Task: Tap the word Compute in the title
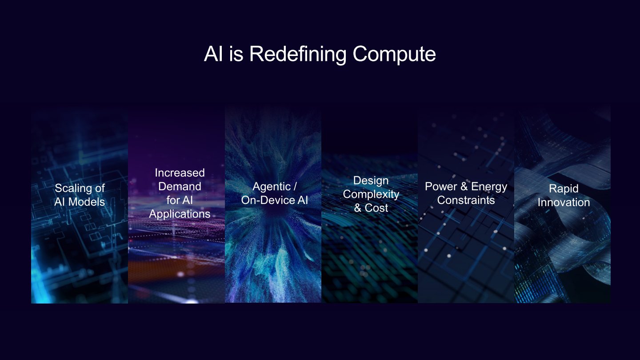coord(394,54)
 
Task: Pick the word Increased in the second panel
coord(180,172)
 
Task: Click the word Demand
coord(180,186)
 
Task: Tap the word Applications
coord(180,214)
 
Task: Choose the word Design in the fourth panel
coord(371,180)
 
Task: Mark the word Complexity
coord(371,194)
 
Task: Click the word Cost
coord(376,208)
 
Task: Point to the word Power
coord(441,186)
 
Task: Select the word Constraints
coord(466,200)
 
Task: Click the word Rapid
coord(563,188)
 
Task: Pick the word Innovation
coord(563,202)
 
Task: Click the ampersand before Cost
coord(358,208)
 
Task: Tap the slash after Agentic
coord(294,186)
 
